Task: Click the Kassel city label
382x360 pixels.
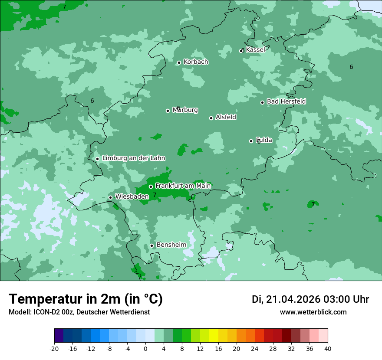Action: [255, 50]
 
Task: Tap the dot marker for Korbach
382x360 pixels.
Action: [179, 62]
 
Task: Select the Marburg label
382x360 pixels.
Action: [185, 110]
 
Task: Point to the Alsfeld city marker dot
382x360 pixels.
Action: [211, 118]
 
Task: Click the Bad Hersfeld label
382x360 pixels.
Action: [286, 101]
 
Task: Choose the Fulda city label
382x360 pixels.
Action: [264, 140]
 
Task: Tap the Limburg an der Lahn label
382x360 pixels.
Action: [134, 158]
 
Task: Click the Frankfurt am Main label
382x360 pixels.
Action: [183, 186]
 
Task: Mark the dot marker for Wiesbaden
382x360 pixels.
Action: [110, 197]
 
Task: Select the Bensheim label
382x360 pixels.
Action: [171, 245]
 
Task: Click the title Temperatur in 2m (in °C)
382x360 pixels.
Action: [86, 299]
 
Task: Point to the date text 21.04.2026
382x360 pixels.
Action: [293, 299]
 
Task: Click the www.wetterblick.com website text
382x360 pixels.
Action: [313, 312]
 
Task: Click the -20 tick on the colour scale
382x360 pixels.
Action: [54, 349]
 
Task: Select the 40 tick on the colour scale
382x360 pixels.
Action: [328, 349]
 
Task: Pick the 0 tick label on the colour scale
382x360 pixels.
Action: [145, 349]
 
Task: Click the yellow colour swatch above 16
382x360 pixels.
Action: [214, 336]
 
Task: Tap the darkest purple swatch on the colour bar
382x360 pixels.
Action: [59, 336]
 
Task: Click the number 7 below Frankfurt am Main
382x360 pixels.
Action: [155, 195]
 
